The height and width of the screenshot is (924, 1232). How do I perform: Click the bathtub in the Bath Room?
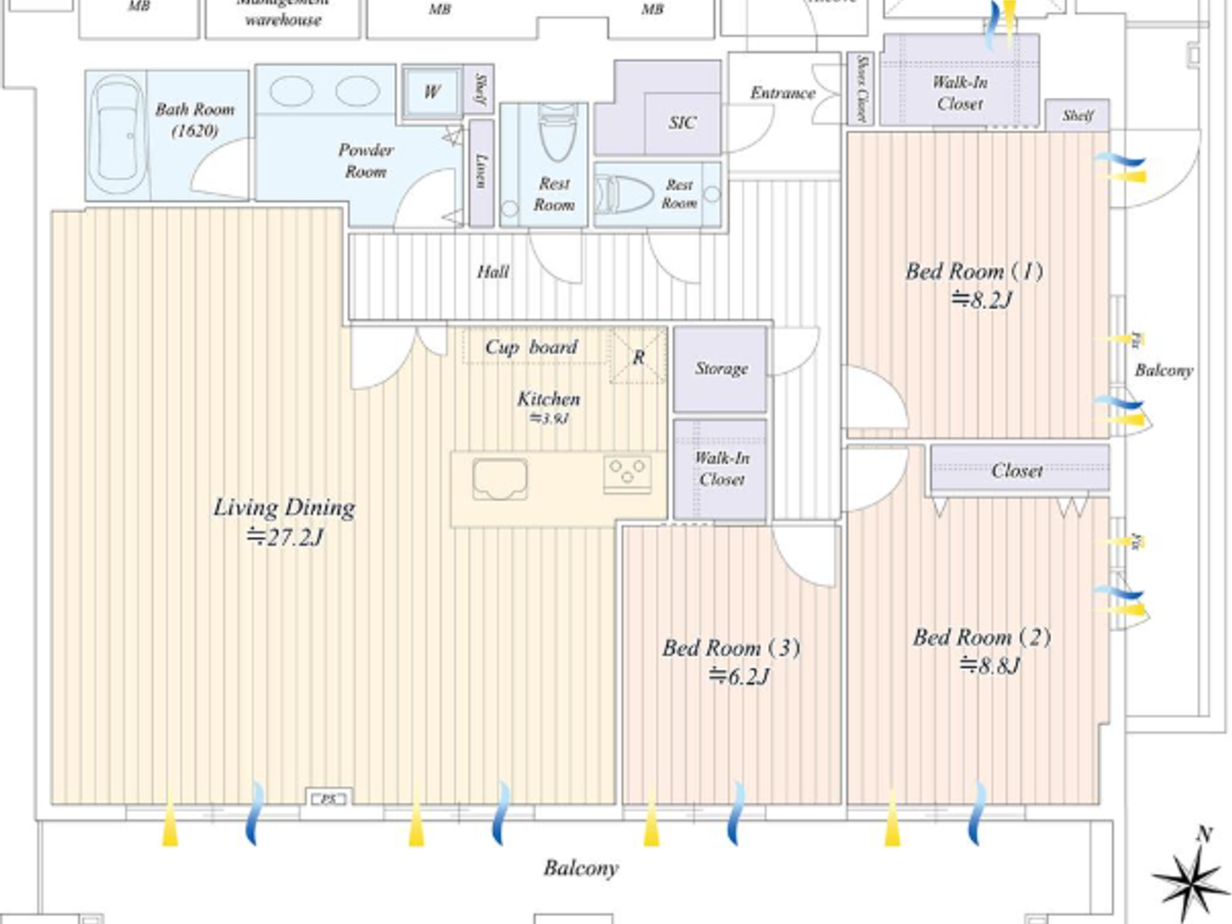click(118, 136)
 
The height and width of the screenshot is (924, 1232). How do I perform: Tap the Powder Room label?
click(365, 160)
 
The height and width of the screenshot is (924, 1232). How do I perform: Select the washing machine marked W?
click(431, 92)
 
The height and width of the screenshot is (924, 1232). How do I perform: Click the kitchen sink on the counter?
click(500, 479)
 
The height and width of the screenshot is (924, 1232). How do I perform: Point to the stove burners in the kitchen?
click(627, 473)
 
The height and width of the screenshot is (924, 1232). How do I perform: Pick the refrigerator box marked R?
click(638, 356)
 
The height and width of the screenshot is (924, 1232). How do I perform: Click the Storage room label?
click(721, 369)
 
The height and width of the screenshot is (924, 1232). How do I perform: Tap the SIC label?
click(682, 123)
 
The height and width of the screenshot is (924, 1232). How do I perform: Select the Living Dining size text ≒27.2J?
click(284, 536)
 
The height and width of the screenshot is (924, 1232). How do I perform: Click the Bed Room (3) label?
click(730, 649)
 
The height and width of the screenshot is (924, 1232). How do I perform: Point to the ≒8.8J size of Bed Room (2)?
click(988, 665)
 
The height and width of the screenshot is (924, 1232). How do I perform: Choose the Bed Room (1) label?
click(974, 271)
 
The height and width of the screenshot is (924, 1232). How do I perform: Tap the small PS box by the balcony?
click(328, 798)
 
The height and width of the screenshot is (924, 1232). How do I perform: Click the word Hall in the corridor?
click(493, 272)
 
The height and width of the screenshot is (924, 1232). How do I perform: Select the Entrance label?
click(781, 92)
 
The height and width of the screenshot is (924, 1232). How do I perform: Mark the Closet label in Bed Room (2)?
click(1017, 471)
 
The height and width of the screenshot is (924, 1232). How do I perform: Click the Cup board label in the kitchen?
click(532, 347)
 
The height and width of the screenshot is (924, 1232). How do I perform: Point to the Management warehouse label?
click(282, 12)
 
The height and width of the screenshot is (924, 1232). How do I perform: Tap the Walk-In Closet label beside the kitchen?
click(721, 468)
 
